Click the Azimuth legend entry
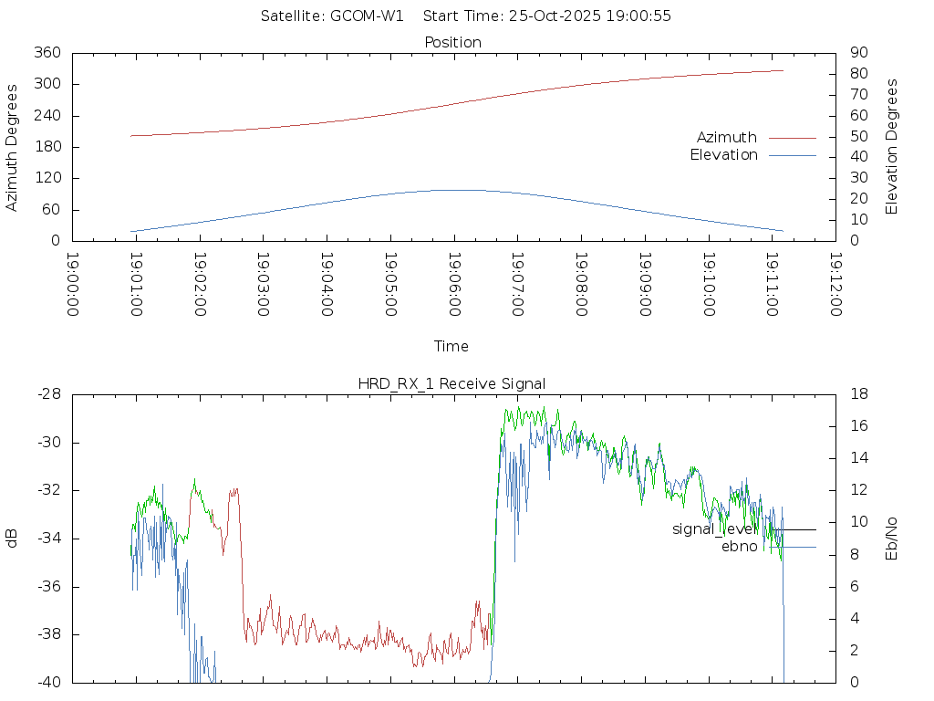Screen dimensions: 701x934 tap(727, 138)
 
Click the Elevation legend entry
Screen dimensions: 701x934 tap(723, 155)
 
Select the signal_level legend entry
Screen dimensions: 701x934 tap(715, 529)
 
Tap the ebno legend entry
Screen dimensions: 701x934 tap(739, 547)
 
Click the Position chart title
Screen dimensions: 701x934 tap(452, 43)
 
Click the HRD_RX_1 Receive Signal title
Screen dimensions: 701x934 tap(452, 383)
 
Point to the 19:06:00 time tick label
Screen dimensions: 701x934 tap(453, 285)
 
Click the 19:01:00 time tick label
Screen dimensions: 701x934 tap(136, 285)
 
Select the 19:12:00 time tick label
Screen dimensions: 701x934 tap(835, 285)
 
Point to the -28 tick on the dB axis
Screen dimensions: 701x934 tap(48, 394)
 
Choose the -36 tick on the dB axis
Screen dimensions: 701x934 tap(48, 587)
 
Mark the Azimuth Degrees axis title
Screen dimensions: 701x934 tap(12, 147)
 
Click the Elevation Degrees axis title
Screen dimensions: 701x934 tap(892, 147)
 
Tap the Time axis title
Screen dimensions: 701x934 tap(451, 347)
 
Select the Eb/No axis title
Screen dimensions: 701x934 tap(892, 539)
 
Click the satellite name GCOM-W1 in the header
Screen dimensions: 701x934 tap(368, 16)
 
